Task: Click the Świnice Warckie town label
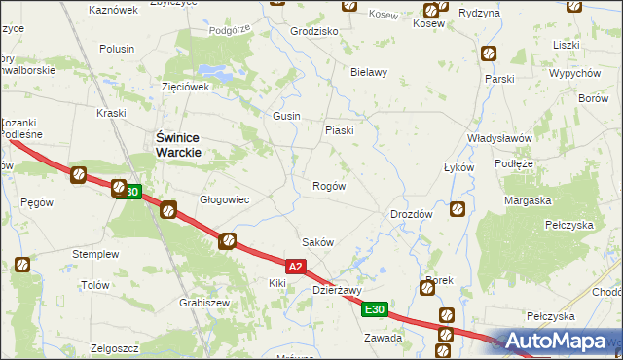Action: [x=179, y=146]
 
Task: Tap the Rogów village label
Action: [x=328, y=186]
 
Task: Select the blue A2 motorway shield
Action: [x=298, y=265]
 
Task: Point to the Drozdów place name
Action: [x=410, y=214]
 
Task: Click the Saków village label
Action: [x=318, y=243]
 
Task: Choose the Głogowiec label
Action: [x=225, y=199]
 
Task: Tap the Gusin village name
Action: [x=286, y=116]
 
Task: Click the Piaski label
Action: [x=339, y=130]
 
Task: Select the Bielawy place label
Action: [x=369, y=72]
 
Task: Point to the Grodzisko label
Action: [x=314, y=31]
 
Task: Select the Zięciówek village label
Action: [x=186, y=87]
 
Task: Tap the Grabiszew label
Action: [x=204, y=303]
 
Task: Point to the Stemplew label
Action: [x=95, y=254]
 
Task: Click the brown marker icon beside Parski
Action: [x=489, y=54]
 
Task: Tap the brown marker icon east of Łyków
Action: [x=458, y=207]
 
